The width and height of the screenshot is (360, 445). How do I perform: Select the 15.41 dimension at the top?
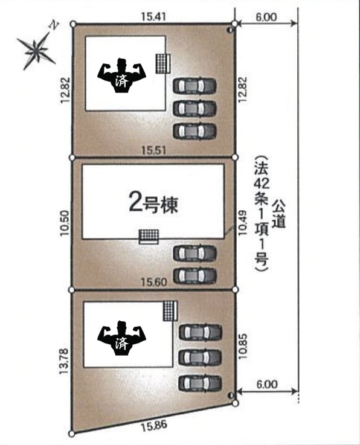(x=153, y=16)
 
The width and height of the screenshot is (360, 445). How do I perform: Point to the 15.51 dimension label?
(x=153, y=150)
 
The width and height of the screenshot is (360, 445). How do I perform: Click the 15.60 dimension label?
(x=153, y=282)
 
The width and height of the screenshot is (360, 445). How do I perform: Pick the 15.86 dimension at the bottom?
(x=153, y=426)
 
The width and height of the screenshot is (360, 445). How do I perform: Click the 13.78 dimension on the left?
(x=64, y=361)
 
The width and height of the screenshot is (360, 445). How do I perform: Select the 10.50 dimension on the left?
(x=65, y=223)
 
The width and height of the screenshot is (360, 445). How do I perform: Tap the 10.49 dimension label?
(x=242, y=223)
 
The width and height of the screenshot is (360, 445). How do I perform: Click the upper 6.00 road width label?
(x=266, y=18)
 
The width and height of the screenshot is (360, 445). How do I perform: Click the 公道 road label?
(x=278, y=213)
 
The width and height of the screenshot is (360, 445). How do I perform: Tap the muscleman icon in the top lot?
(x=121, y=75)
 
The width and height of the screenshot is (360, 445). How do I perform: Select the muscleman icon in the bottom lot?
(x=121, y=338)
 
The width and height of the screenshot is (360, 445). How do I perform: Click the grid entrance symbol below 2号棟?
(x=149, y=237)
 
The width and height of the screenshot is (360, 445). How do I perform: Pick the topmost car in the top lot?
(x=194, y=85)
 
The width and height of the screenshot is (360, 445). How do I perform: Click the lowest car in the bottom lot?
(x=200, y=383)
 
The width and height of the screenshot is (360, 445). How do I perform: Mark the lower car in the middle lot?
(x=194, y=276)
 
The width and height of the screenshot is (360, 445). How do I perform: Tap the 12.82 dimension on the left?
(x=65, y=90)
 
